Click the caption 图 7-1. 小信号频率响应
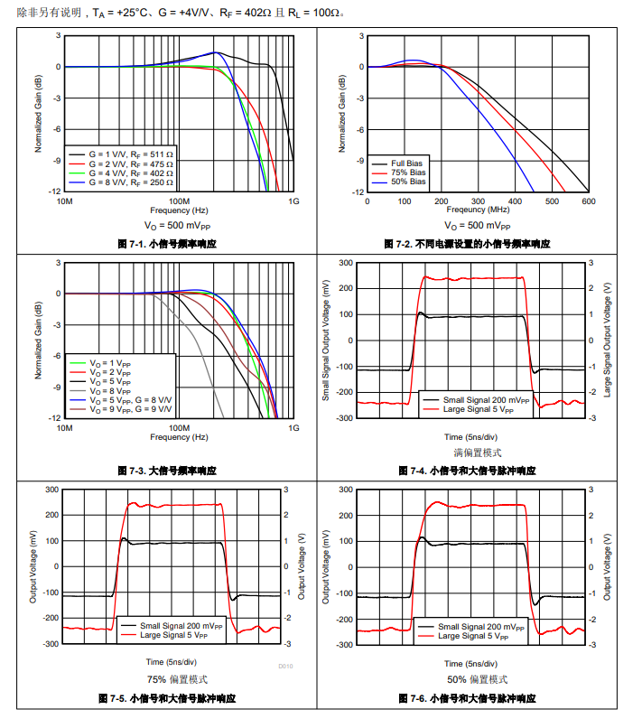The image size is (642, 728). [167, 244]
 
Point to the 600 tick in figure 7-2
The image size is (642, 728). [587, 201]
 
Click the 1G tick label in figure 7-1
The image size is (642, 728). [293, 201]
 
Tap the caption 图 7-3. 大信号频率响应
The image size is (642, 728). [167, 471]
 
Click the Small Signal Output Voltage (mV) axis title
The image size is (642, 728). [326, 340]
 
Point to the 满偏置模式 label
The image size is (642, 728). [478, 453]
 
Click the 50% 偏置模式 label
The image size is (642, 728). [477, 679]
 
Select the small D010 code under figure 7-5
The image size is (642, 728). [285, 667]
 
